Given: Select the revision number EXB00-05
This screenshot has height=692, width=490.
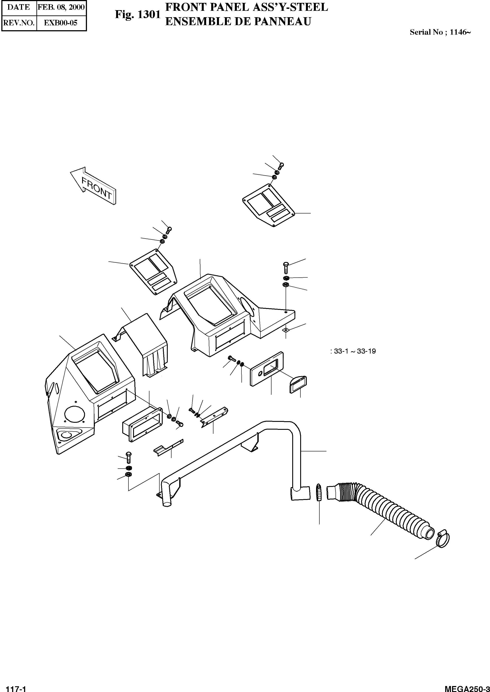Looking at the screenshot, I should pyautogui.click(x=61, y=23).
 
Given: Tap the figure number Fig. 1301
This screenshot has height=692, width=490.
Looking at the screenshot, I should pyautogui.click(x=138, y=15).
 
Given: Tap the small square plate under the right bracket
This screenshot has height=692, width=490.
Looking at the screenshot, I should pyautogui.click(x=285, y=330).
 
